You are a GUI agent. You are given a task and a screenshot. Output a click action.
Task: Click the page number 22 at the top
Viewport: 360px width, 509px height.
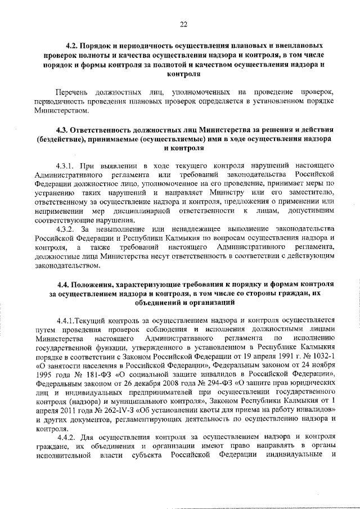(x=183, y=24)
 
